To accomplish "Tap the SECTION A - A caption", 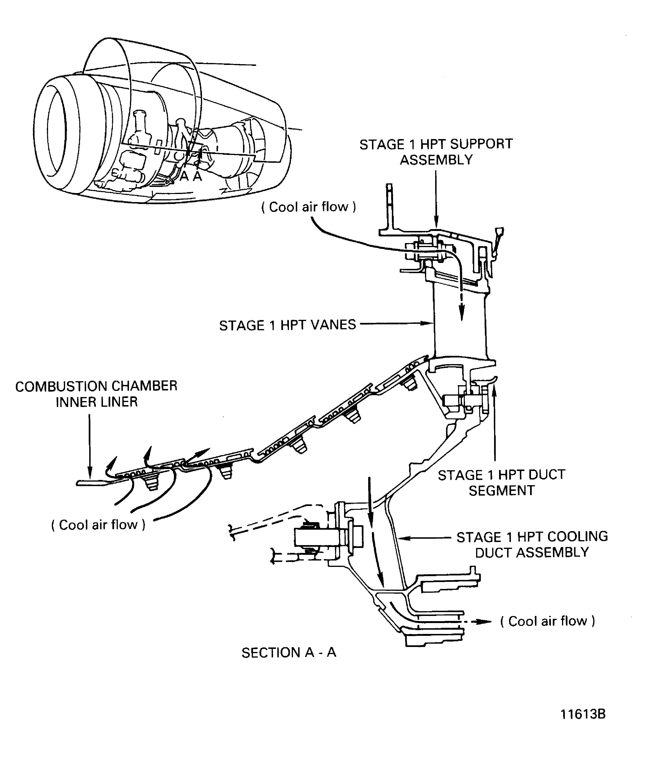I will pyautogui.click(x=289, y=653).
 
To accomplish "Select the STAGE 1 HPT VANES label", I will pyautogui.click(x=288, y=325).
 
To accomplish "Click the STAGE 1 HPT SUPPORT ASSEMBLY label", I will pyautogui.click(x=436, y=152).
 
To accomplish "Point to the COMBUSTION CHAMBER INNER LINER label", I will pyautogui.click(x=96, y=394).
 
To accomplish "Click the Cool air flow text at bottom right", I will pyautogui.click(x=548, y=621).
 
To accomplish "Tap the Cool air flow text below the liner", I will pyautogui.click(x=98, y=524).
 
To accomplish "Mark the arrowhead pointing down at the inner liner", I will pyautogui.click(x=89, y=475).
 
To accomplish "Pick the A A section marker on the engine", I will pyautogui.click(x=191, y=176).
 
